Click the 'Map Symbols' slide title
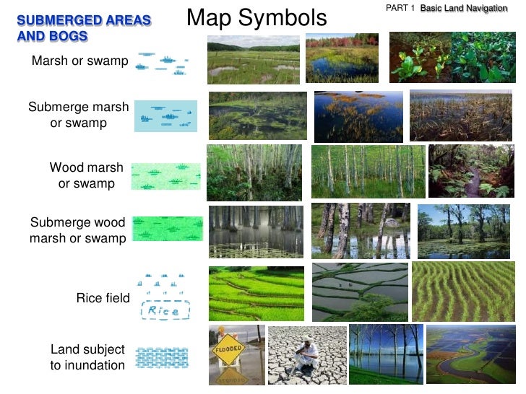click(256, 18)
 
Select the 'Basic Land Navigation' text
click(464, 8)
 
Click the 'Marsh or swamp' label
click(79, 61)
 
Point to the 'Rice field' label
click(103, 298)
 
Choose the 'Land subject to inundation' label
click(87, 357)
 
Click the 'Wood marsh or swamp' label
click(87, 175)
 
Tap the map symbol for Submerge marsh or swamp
click(165, 116)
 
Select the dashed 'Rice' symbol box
click(165, 311)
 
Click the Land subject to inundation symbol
click(162, 359)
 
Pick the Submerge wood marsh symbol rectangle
click(168, 229)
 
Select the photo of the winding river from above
click(470, 354)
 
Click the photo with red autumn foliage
click(341, 58)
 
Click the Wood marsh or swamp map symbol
click(165, 176)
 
